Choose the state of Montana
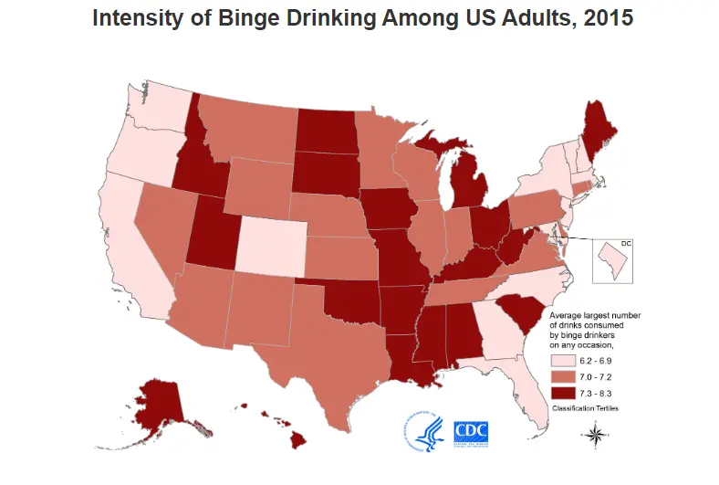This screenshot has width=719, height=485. [x=245, y=127]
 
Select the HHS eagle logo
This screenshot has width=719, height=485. [x=425, y=431]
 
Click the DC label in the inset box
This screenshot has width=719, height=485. [x=626, y=243]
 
